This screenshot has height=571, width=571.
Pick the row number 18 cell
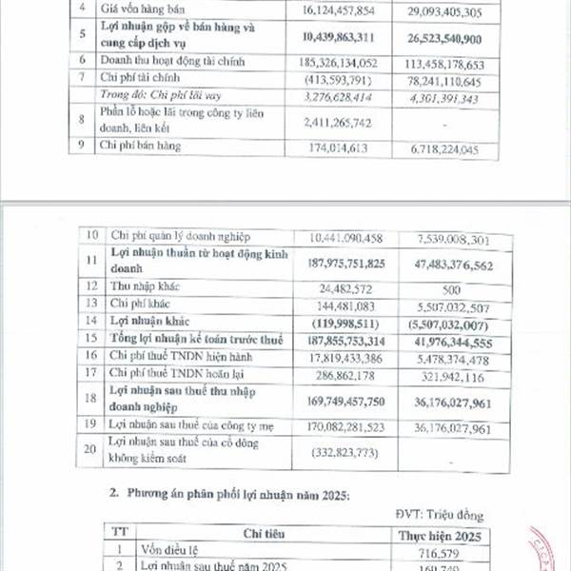[x=91, y=400]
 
